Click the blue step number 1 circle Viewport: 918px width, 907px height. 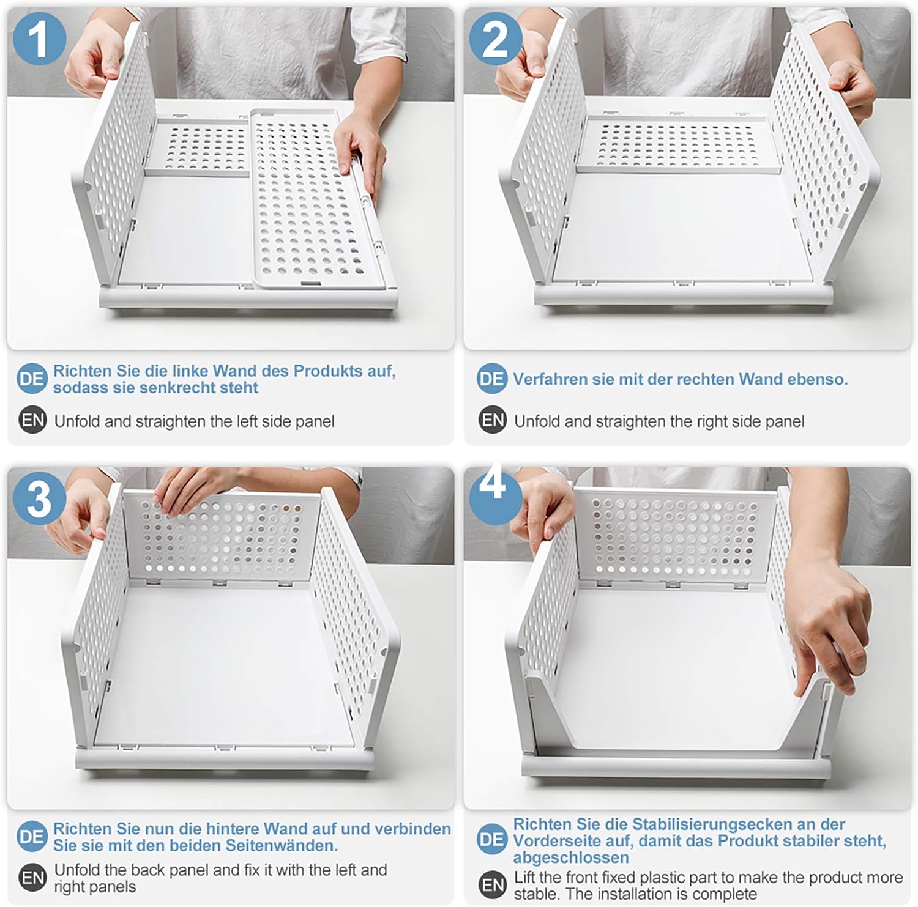[39, 39]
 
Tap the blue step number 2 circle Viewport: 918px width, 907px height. [495, 39]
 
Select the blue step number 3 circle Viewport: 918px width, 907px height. [39, 497]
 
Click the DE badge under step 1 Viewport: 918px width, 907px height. [32, 379]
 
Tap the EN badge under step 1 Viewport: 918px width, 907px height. [32, 421]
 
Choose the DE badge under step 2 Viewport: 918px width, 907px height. [491, 379]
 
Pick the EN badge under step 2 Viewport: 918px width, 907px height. [493, 421]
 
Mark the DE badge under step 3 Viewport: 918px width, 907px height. [32, 837]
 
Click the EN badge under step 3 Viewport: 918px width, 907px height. [32, 878]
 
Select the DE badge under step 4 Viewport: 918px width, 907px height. [491, 840]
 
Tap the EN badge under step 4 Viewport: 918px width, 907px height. [493, 885]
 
